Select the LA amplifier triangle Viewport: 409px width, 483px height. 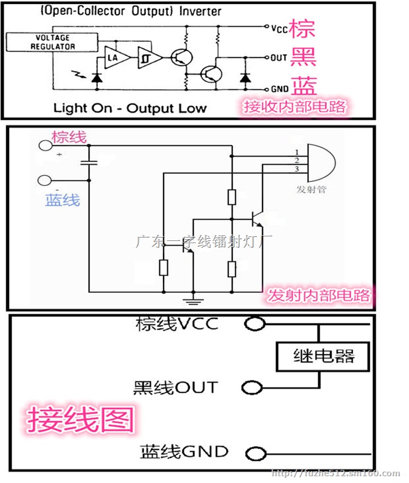click(x=112, y=57)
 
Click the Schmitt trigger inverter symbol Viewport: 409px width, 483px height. click(x=147, y=57)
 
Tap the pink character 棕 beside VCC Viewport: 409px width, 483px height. click(x=302, y=28)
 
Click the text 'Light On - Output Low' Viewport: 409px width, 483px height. click(x=130, y=108)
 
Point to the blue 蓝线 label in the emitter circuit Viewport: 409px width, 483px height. click(x=62, y=199)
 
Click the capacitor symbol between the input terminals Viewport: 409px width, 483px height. click(x=89, y=163)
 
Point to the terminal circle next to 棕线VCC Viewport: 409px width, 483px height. click(x=254, y=324)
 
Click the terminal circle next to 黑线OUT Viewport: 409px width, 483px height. click(x=252, y=388)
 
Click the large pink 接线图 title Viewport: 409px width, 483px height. click(x=80, y=419)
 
